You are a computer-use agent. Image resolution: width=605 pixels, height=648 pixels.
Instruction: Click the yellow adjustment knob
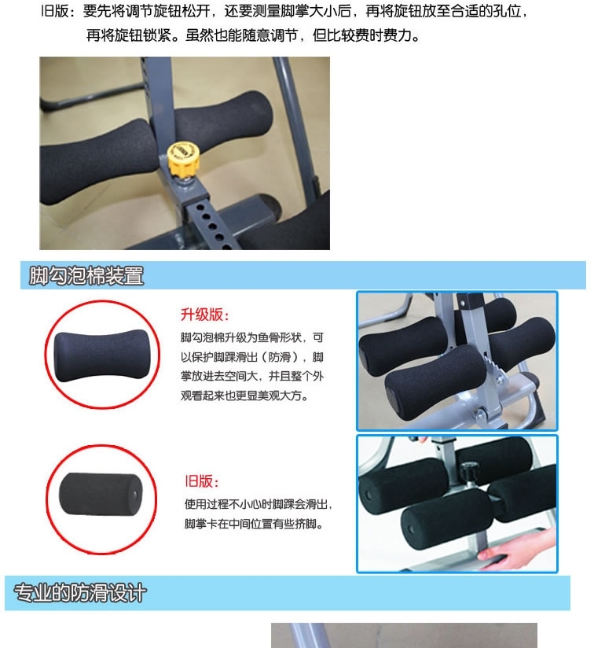[x=183, y=158]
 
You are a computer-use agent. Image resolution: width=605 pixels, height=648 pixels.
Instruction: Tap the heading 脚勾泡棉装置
[x=86, y=276]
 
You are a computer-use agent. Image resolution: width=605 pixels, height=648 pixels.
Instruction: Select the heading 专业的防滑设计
[x=80, y=593]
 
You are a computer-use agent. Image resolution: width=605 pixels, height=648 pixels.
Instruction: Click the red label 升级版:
[x=204, y=315]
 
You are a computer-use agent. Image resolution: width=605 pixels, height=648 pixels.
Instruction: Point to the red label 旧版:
[x=201, y=481]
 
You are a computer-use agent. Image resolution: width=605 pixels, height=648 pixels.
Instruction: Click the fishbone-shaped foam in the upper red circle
[x=101, y=355]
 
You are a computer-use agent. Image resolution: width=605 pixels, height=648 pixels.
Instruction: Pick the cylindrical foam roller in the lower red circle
[x=101, y=495]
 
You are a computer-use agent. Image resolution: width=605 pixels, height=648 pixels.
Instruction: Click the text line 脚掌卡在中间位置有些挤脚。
[x=255, y=524]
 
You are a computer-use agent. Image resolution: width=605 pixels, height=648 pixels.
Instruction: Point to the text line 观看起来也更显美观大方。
[x=244, y=396]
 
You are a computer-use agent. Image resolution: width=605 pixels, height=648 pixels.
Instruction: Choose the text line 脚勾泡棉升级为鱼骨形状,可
[x=252, y=337]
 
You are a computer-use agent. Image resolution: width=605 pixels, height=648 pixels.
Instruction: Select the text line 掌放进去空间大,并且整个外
[x=252, y=376]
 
